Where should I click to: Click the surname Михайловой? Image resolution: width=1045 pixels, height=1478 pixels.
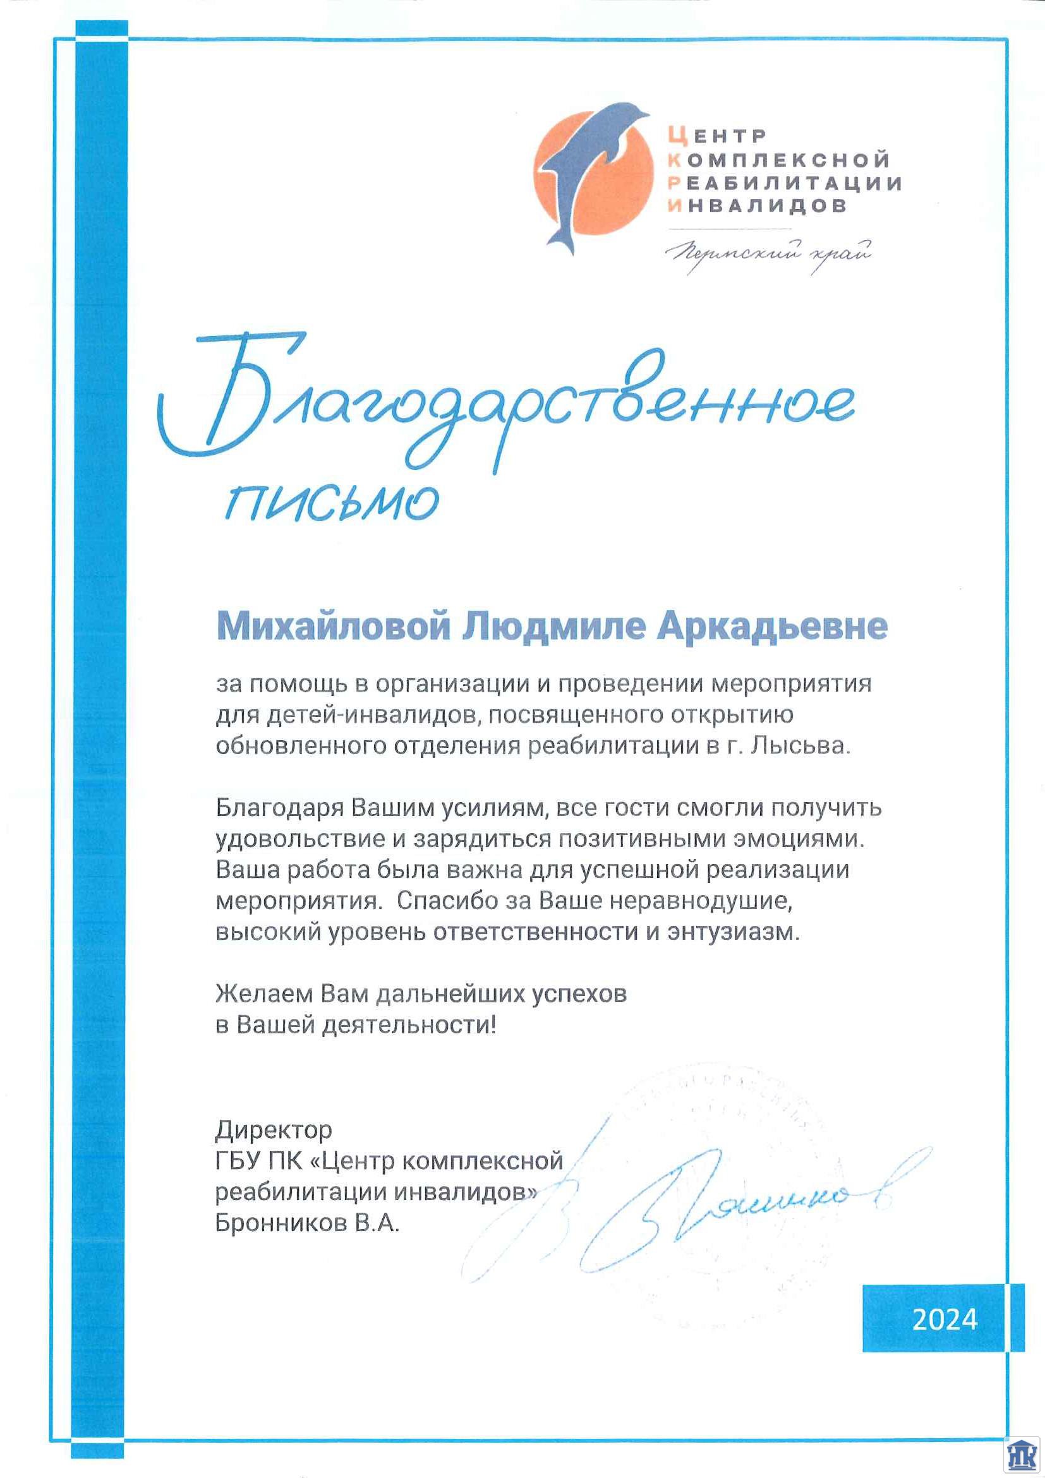(x=333, y=627)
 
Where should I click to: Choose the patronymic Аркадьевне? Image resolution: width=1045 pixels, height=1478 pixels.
(x=771, y=627)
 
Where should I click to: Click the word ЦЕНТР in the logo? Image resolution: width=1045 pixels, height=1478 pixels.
(x=717, y=136)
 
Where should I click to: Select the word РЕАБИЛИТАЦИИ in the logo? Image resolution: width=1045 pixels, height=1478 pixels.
(x=785, y=183)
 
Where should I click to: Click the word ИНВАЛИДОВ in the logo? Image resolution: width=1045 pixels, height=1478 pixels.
(x=757, y=206)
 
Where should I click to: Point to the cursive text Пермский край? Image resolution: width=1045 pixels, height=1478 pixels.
(x=770, y=253)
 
